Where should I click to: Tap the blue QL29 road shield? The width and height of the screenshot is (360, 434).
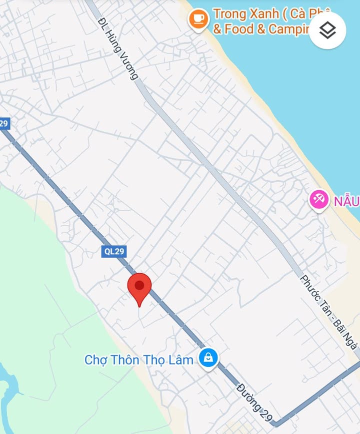click(x=113, y=251)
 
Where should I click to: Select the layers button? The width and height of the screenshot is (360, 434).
click(x=327, y=31)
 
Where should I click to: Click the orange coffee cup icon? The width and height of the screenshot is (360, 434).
click(x=198, y=20)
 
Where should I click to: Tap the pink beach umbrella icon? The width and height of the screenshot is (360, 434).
click(x=319, y=200)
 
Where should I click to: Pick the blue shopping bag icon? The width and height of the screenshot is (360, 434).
click(x=207, y=358)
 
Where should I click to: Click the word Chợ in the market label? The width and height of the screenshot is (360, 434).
click(x=95, y=360)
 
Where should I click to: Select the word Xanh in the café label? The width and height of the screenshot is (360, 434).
click(x=262, y=14)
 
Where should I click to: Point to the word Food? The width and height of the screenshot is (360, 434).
click(x=239, y=29)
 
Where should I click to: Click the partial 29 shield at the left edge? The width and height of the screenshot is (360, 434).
click(x=4, y=123)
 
